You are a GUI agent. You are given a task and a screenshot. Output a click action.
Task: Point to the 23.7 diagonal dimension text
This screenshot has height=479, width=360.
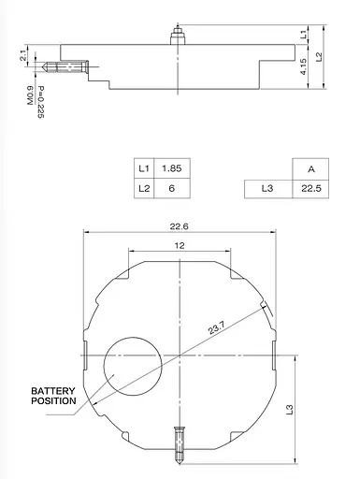click(x=216, y=329)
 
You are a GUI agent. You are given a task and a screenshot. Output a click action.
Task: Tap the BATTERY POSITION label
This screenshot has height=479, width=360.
click(x=53, y=395)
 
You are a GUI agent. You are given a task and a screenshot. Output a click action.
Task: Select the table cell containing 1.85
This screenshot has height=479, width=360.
click(x=170, y=169)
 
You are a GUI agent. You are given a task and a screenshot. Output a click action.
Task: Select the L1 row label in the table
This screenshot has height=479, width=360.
click(x=143, y=169)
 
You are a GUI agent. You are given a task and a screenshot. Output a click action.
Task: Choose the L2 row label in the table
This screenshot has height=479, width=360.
click(x=143, y=189)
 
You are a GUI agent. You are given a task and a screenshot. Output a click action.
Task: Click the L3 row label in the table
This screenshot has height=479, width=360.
click(x=265, y=189)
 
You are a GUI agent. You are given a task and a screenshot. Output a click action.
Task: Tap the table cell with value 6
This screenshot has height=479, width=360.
click(x=170, y=189)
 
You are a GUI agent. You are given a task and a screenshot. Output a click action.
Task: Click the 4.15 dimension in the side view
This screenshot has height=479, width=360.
click(x=305, y=66)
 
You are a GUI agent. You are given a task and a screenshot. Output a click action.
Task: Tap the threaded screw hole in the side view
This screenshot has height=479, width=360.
click(x=67, y=67)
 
